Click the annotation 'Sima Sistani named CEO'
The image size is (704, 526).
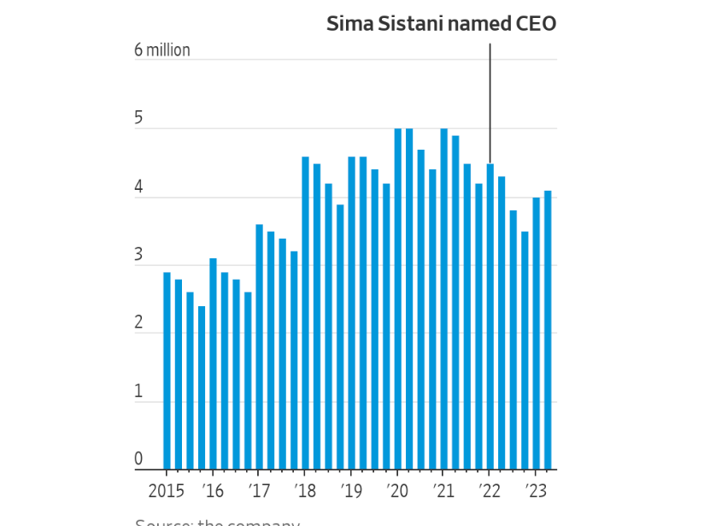click(441, 24)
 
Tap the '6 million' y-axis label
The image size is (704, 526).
click(162, 50)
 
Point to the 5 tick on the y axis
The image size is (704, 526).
click(138, 119)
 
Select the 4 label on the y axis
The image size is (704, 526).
click(138, 187)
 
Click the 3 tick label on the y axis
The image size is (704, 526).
click(138, 256)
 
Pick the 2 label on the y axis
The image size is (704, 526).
click(138, 324)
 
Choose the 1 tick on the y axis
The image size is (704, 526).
click(138, 392)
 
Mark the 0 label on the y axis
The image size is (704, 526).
click(138, 459)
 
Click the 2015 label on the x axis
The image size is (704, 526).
click(166, 491)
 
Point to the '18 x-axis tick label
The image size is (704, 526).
click(305, 491)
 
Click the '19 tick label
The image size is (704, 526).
click(351, 491)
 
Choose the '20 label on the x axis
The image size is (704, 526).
click(397, 491)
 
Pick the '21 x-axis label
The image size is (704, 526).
click(443, 491)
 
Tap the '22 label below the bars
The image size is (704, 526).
click(490, 491)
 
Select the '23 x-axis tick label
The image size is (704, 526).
click(536, 491)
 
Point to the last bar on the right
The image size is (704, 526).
click(548, 330)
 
